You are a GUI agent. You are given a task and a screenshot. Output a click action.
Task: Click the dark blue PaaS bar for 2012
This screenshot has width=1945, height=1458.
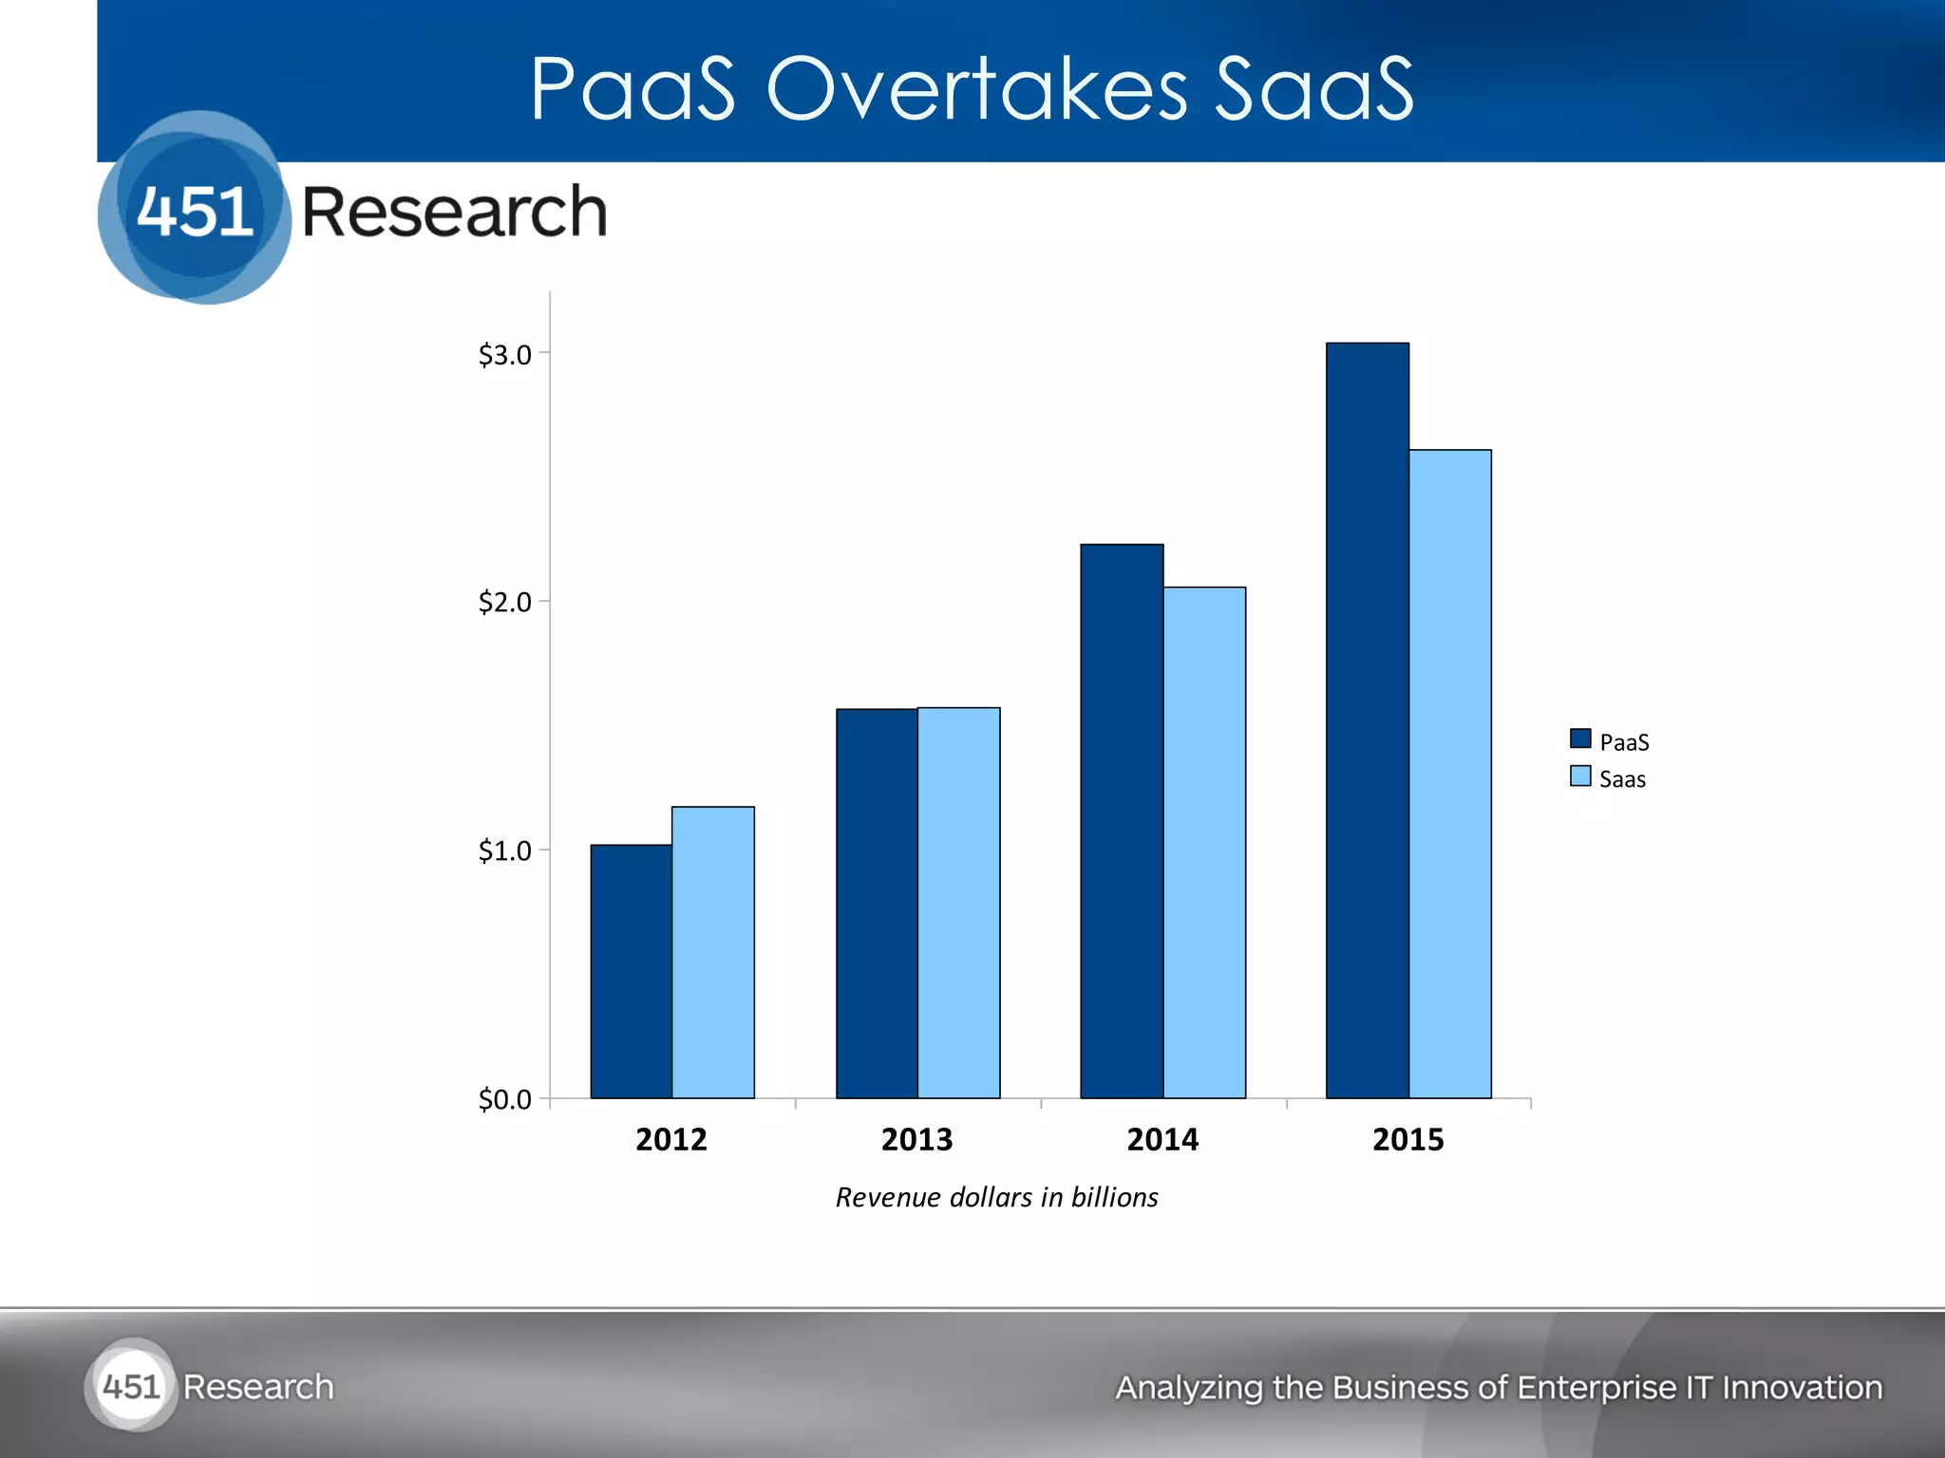pos(631,971)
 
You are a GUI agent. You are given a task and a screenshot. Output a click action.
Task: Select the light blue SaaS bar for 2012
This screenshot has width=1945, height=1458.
pos(712,952)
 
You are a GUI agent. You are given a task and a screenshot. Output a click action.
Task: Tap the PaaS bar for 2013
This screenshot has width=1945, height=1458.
pos(877,903)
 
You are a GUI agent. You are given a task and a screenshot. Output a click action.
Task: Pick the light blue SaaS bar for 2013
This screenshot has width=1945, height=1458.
pos(958,903)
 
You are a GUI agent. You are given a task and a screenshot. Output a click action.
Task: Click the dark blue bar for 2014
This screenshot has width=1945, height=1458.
pos(1122,821)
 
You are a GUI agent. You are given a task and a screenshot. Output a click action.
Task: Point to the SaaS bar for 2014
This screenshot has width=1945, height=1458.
pos(1204,842)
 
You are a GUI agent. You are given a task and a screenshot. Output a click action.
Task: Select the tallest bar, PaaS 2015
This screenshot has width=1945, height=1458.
pos(1367,720)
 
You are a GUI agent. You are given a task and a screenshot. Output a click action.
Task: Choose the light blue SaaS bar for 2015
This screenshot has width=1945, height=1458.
pos(1449,774)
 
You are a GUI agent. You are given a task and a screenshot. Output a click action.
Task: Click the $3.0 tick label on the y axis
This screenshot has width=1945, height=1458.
pos(504,355)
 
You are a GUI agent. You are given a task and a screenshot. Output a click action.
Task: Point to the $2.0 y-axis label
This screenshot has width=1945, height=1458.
pos(504,602)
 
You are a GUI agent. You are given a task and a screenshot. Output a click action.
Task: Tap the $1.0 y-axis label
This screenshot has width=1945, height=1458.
pos(504,850)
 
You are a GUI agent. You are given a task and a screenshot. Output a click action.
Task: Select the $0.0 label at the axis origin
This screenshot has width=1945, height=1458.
pos(504,1099)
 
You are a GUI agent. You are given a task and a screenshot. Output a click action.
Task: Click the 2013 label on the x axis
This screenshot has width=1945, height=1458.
pos(916,1139)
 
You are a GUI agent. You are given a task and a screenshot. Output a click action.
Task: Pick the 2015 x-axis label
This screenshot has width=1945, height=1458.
pos(1407,1139)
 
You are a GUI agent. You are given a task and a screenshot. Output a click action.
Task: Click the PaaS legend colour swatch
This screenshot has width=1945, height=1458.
pos(1580,738)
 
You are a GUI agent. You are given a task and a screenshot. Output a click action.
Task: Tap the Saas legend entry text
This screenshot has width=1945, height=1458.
pos(1622,779)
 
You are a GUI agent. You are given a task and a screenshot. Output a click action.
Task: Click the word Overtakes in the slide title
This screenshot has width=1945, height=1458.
pos(976,89)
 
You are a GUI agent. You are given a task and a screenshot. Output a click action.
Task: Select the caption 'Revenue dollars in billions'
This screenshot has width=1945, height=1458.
pos(996,1197)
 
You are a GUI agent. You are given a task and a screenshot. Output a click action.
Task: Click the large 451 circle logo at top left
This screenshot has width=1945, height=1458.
pos(195,208)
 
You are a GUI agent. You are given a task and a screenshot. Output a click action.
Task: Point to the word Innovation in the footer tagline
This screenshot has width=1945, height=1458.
pos(1802,1388)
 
